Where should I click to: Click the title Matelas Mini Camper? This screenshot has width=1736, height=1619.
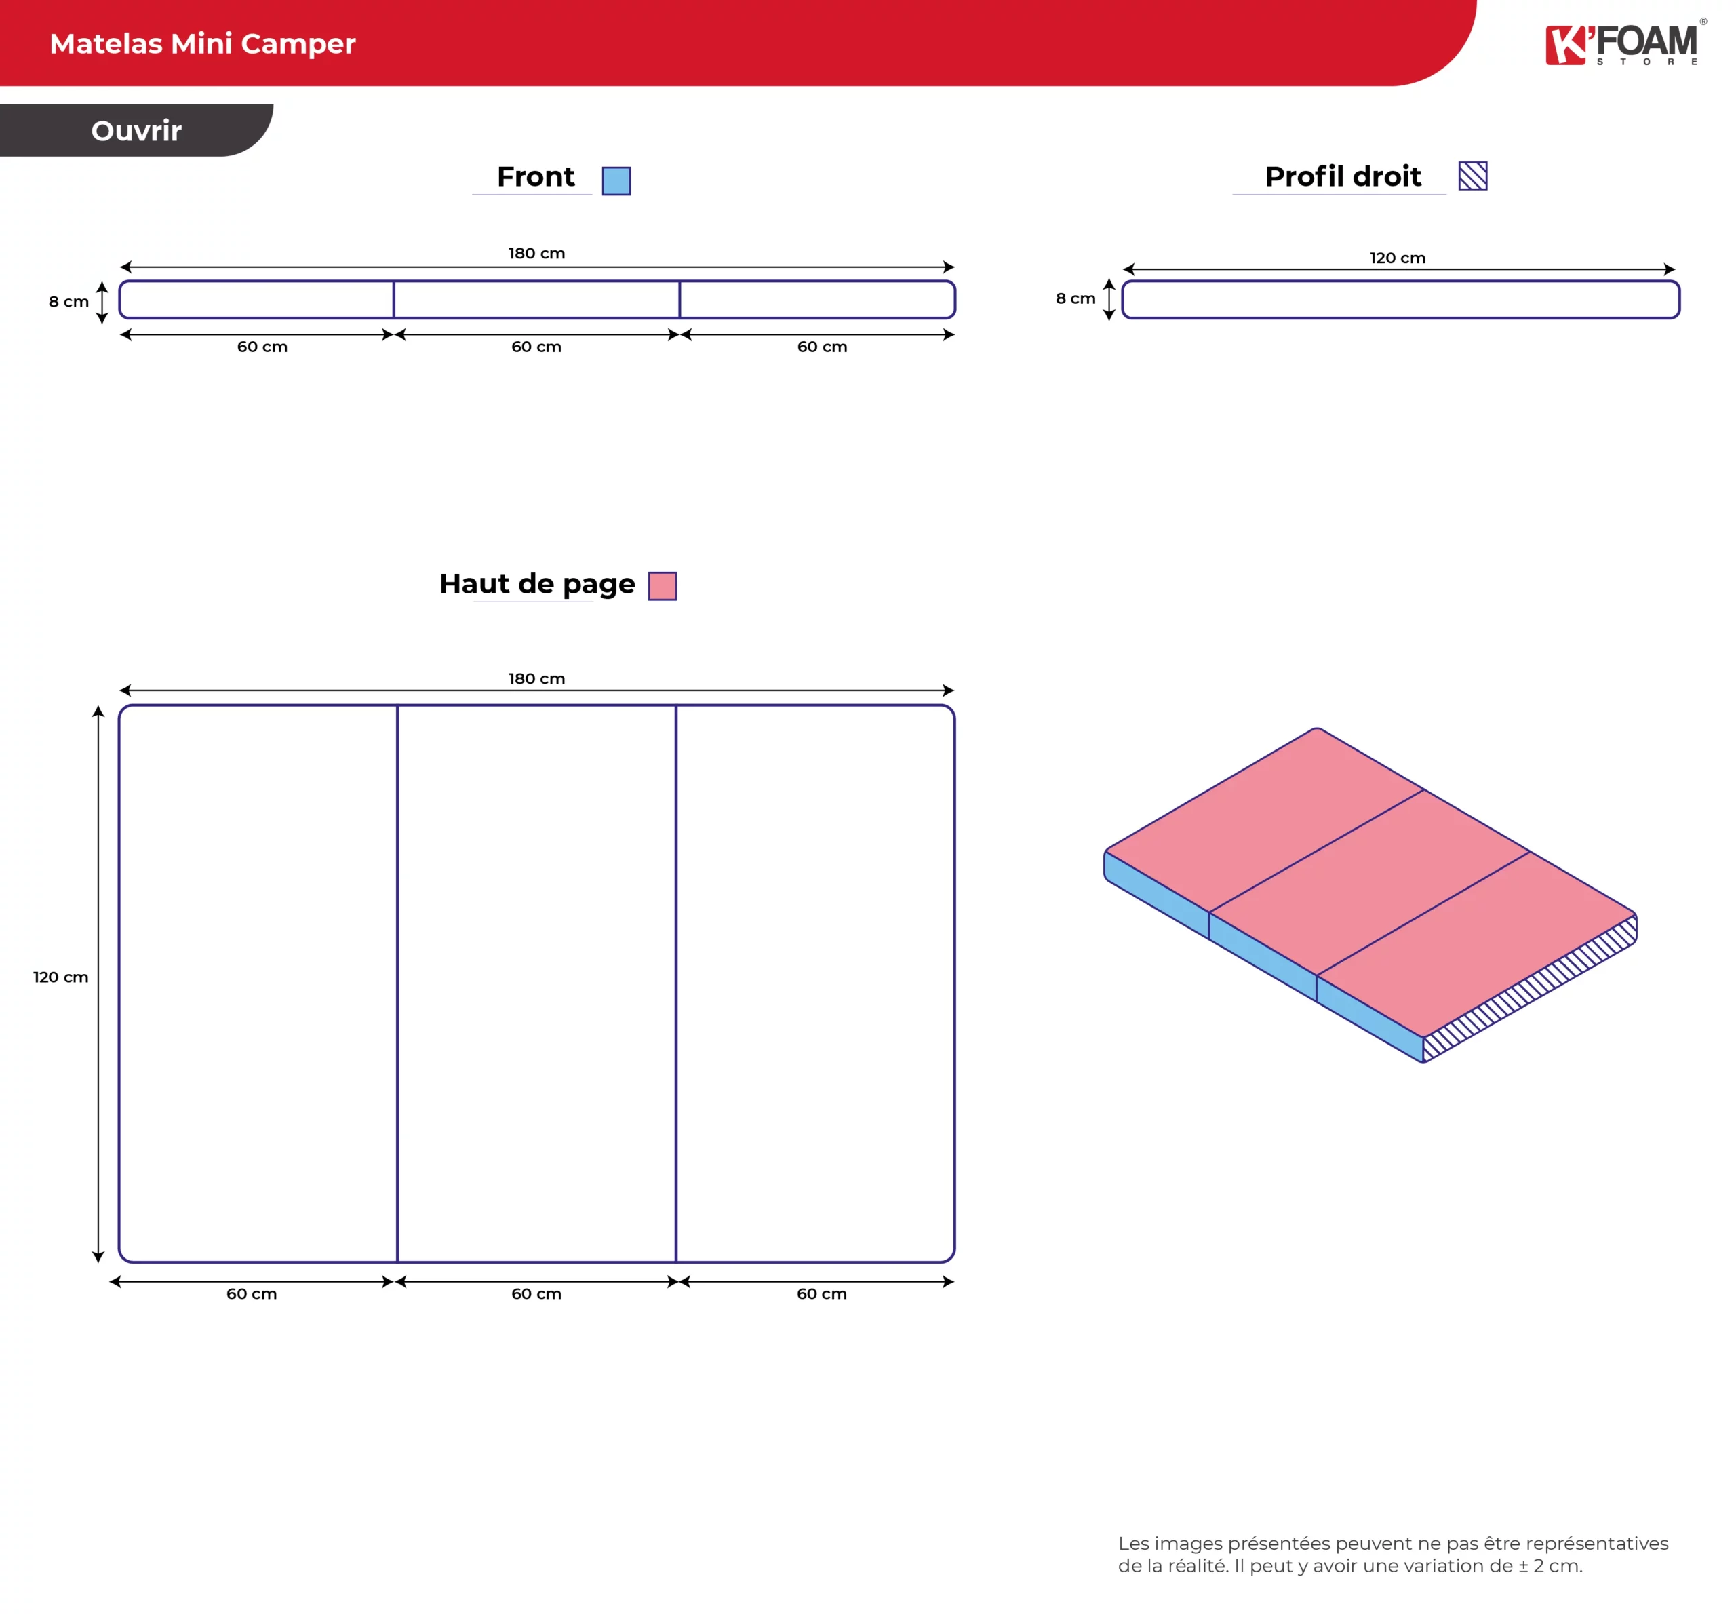(203, 43)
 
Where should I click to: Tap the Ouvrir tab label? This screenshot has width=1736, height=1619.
(136, 131)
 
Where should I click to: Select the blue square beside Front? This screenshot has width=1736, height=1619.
(616, 181)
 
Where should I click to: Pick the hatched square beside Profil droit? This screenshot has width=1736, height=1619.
(1472, 176)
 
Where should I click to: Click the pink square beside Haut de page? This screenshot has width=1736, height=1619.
(663, 586)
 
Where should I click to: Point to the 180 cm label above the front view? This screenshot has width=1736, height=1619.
(536, 253)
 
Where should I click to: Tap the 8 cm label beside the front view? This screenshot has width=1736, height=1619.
(69, 301)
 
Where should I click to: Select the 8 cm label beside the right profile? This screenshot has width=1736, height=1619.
(1076, 298)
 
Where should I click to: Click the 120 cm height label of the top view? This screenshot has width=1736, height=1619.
(61, 977)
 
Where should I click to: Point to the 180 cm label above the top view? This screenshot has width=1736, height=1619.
(536, 678)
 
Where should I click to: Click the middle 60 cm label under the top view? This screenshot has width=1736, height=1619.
(536, 1294)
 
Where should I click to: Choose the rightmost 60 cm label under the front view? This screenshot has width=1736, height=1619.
(822, 347)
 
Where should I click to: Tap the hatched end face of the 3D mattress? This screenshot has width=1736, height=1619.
(1530, 988)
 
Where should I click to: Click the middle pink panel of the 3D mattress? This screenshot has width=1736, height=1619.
(1369, 882)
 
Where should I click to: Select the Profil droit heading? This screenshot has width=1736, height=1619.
(1343, 176)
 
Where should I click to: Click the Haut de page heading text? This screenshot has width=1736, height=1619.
(537, 584)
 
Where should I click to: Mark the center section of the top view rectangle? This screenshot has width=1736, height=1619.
(536, 983)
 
